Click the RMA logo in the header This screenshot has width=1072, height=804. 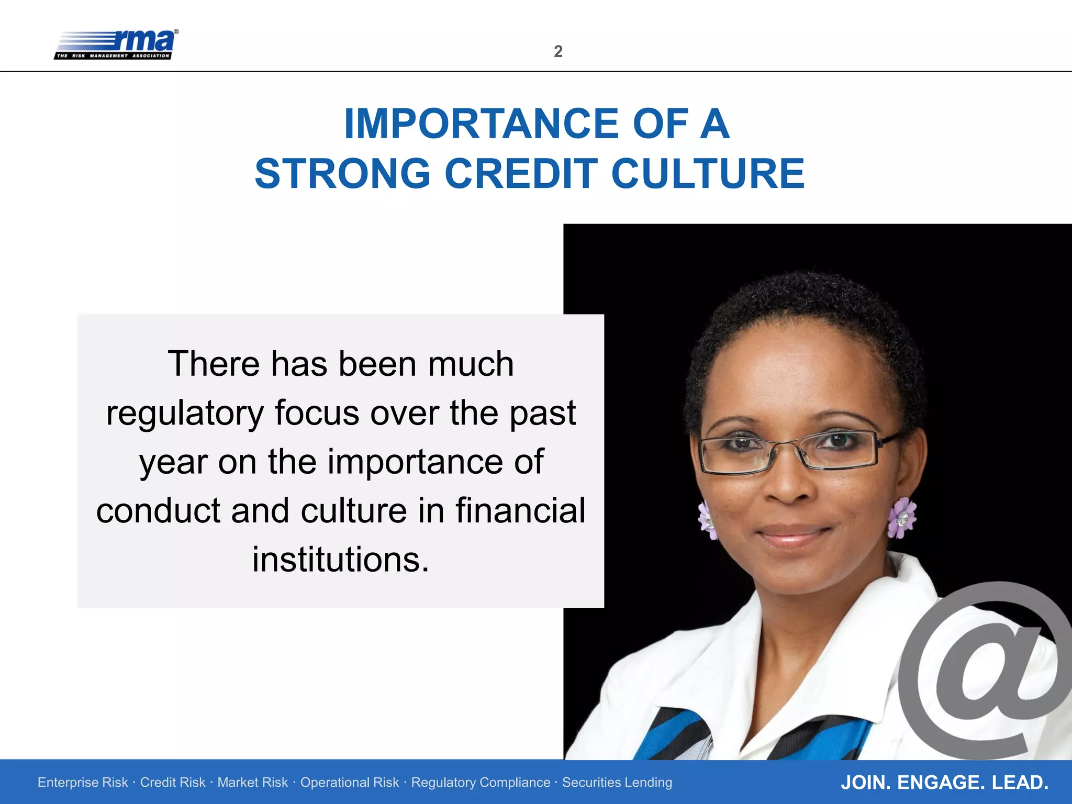[x=116, y=44]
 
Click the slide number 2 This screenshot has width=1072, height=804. [x=558, y=51]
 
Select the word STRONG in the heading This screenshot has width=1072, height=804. [x=343, y=174]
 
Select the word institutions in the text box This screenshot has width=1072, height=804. [x=340, y=560]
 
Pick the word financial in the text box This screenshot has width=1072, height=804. [x=520, y=511]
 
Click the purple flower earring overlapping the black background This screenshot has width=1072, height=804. [x=901, y=517]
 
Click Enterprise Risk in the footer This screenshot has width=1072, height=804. [x=83, y=783]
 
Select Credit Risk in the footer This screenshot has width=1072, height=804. [x=173, y=783]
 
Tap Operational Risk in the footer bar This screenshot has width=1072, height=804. [x=349, y=783]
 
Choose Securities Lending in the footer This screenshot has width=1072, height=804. [x=617, y=783]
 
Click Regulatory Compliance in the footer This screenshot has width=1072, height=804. [x=481, y=783]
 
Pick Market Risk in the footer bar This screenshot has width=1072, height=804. [x=252, y=783]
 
